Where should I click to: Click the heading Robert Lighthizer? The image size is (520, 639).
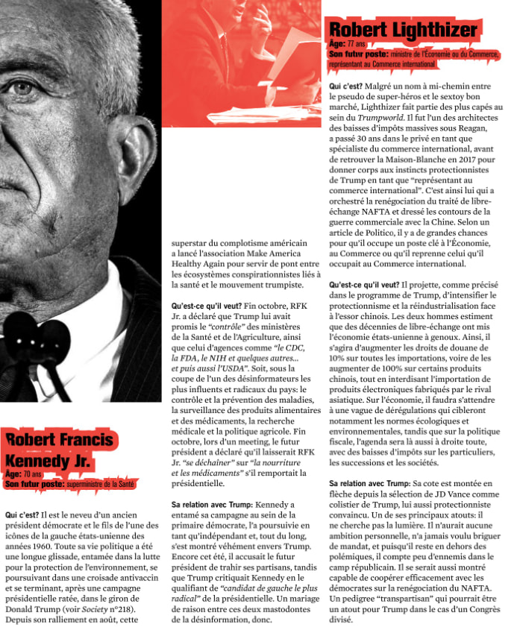402,30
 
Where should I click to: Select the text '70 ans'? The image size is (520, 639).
33,473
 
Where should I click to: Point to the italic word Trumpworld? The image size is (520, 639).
379,118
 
